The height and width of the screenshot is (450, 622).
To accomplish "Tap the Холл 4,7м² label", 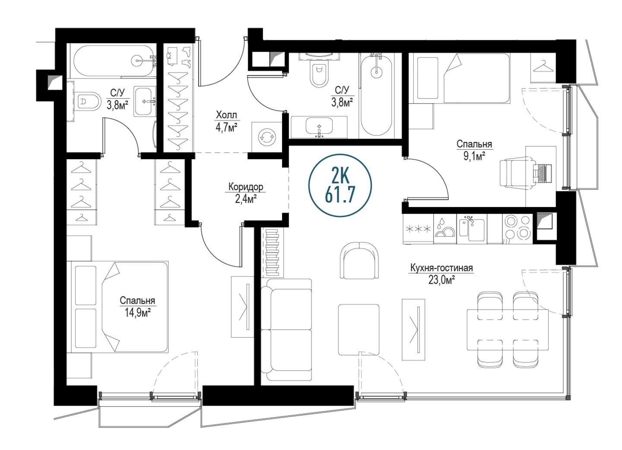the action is (227, 122).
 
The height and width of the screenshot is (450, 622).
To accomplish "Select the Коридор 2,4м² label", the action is (246, 193).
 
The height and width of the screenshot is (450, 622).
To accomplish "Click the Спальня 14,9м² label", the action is (137, 307).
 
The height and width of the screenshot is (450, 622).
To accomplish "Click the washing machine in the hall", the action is (267, 137).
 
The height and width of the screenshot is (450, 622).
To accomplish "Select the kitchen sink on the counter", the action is (472, 230).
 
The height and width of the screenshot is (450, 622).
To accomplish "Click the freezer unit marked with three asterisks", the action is (418, 230).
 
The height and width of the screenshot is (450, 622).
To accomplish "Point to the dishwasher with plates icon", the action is (445, 230).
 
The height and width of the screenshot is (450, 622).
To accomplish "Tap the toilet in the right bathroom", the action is (318, 74).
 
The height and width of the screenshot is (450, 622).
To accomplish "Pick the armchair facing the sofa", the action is (359, 259).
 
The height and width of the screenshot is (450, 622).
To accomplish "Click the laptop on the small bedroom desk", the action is (542, 173).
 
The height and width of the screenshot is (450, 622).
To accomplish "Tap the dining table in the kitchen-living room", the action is (507, 330).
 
